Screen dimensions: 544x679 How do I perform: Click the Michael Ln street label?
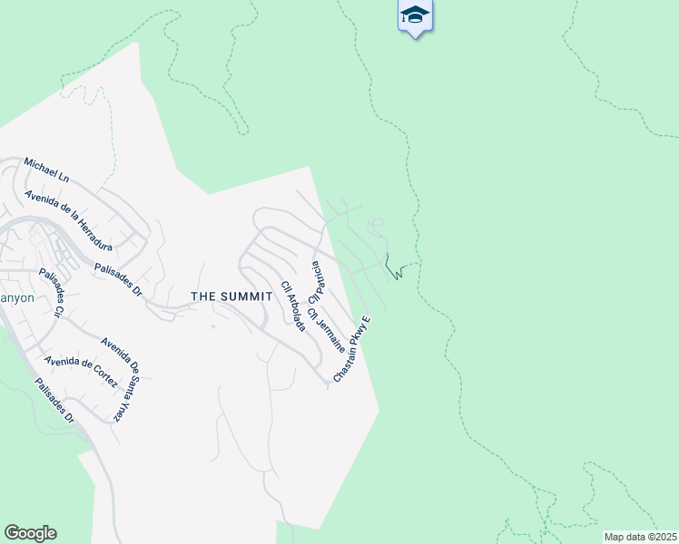[46, 170]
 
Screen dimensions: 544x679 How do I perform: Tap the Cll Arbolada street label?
[291, 306]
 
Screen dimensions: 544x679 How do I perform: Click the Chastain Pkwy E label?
[353, 348]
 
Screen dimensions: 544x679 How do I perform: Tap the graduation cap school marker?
[415, 15]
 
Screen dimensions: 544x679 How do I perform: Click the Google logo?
[30, 533]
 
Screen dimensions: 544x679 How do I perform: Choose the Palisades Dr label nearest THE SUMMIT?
[118, 280]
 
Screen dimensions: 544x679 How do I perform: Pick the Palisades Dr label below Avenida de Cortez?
[54, 400]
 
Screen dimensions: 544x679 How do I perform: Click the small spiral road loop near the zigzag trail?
[376, 224]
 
